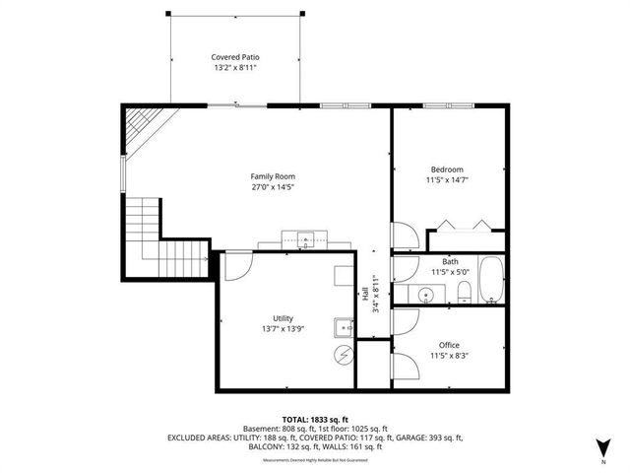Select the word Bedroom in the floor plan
click(446, 169)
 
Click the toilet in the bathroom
click(462, 291)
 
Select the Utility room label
click(283, 318)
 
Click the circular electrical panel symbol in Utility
click(345, 355)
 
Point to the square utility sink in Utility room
click(343, 328)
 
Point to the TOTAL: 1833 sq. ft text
click(314, 420)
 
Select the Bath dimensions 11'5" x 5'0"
click(451, 272)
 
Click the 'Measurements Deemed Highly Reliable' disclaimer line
click(314, 459)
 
